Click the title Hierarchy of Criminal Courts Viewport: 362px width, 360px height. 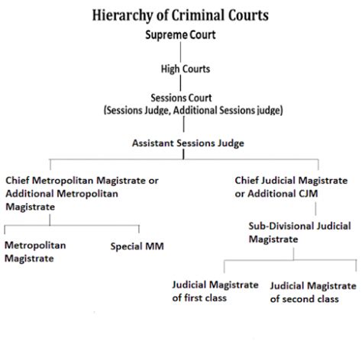pos(180,15)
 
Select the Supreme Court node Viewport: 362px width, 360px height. pos(180,35)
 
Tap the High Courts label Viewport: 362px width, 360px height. pos(186,69)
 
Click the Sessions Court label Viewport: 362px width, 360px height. pos(181,98)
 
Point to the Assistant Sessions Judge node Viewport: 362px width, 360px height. pos(188,143)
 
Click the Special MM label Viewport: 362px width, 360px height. pos(137,246)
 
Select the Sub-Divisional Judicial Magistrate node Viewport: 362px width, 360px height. pos(299,233)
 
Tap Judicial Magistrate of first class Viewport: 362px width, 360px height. pos(215,291)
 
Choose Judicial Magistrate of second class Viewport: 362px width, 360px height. pos(313,292)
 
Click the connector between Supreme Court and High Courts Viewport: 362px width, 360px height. pos(180,52)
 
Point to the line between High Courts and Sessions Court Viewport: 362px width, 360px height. pos(180,83)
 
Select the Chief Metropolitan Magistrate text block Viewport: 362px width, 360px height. pos(82,194)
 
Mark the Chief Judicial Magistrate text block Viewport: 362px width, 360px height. pos(291,187)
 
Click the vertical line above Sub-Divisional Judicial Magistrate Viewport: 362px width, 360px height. pos(315,209)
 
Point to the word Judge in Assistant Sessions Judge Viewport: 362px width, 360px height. pos(231,143)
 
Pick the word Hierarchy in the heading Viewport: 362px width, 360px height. pos(123,16)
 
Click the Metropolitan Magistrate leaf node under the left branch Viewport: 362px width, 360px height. pos(35,252)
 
